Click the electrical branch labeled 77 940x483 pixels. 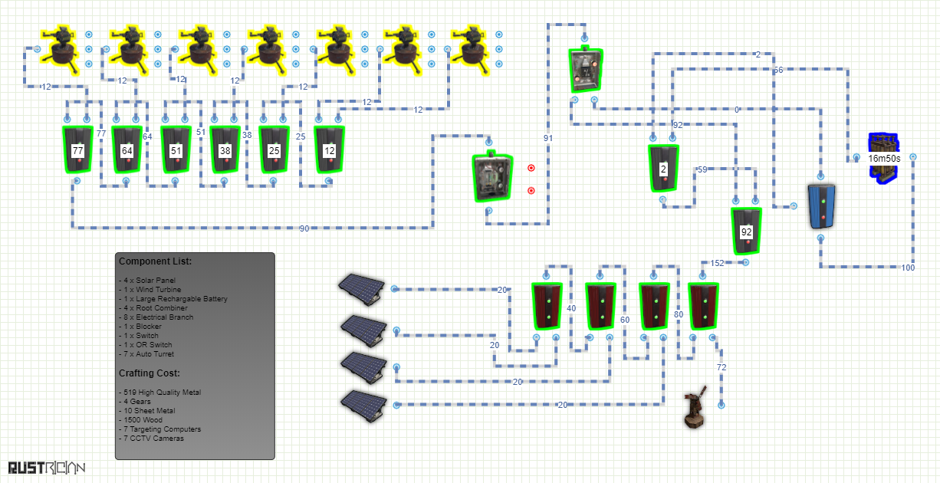tap(77, 149)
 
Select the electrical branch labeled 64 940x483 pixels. tap(127, 149)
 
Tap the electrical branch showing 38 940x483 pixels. tap(225, 149)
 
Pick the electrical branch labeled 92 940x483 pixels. tap(746, 232)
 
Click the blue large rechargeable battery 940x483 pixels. tap(821, 206)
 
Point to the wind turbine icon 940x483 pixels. tap(695, 407)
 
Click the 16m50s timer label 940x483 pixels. tap(884, 159)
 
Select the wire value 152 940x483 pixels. tap(717, 263)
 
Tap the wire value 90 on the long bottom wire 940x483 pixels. tap(304, 228)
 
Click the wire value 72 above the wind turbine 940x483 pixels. tap(721, 367)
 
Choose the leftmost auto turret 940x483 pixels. tap(61, 50)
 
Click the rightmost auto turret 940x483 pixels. tap(471, 50)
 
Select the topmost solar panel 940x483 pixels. tap(361, 289)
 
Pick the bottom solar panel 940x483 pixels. tap(363, 405)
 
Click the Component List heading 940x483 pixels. tap(156, 261)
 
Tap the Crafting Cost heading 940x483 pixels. tap(150, 373)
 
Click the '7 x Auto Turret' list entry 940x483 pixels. tap(146, 353)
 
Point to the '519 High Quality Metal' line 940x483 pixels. tap(160, 393)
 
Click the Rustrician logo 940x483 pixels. tap(47, 468)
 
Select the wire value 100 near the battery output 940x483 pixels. tap(908, 268)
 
